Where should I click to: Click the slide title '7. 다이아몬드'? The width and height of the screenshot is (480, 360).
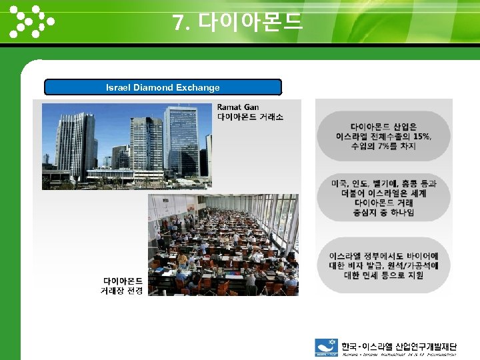pos(238,23)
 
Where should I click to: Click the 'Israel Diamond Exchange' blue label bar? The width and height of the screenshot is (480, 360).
pos(163,87)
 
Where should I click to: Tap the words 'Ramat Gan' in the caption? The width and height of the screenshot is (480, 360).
pos(238,107)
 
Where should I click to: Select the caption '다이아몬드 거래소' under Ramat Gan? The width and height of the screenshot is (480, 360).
pos(250,117)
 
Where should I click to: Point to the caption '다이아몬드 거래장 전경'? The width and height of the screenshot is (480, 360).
pos(121,286)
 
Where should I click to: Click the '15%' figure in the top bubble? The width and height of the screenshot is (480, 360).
pos(422,136)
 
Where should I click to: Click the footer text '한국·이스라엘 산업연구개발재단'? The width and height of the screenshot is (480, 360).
pos(399,346)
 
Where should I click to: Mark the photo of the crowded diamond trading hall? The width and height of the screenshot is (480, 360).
pos(223,245)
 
